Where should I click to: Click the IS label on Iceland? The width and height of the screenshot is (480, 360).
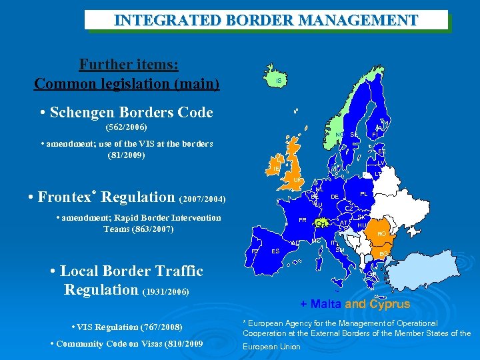pos(279,81)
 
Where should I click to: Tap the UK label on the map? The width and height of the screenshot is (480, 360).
pos(298,181)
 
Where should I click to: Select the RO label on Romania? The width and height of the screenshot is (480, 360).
pos(381,234)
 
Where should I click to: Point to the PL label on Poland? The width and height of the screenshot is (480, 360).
pos(364,194)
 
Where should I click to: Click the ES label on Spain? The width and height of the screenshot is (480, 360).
pos(275,251)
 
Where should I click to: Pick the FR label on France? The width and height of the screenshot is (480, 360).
pos(302,220)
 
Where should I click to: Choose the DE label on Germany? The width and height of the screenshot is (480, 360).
pos(335,197)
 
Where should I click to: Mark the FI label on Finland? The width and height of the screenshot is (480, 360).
pos(375,134)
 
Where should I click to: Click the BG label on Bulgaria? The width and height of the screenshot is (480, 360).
pos(383,254)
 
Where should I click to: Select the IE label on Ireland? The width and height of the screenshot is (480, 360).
pos(276,169)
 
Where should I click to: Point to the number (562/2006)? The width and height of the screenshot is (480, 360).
pos(127,127)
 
